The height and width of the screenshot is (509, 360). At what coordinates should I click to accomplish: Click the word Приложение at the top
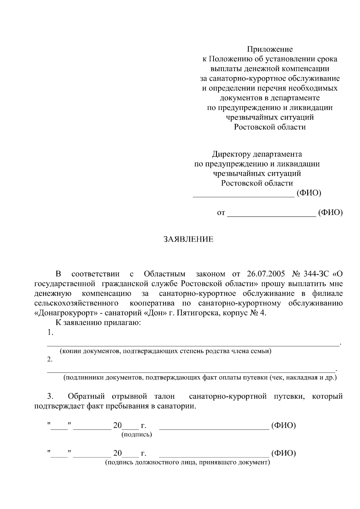270,49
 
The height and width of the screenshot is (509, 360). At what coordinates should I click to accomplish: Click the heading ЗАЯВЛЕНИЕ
188,239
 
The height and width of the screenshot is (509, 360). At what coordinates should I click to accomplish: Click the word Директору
231,154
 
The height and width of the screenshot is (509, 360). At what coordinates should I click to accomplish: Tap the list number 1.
50,332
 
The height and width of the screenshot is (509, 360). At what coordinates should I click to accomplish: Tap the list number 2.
50,359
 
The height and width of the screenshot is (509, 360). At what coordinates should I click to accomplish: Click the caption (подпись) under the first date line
136,434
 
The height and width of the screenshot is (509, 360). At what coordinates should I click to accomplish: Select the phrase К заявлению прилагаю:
98,323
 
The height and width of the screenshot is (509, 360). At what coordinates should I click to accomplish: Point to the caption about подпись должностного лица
187,463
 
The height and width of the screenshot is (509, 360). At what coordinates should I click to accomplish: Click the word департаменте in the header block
295,98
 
